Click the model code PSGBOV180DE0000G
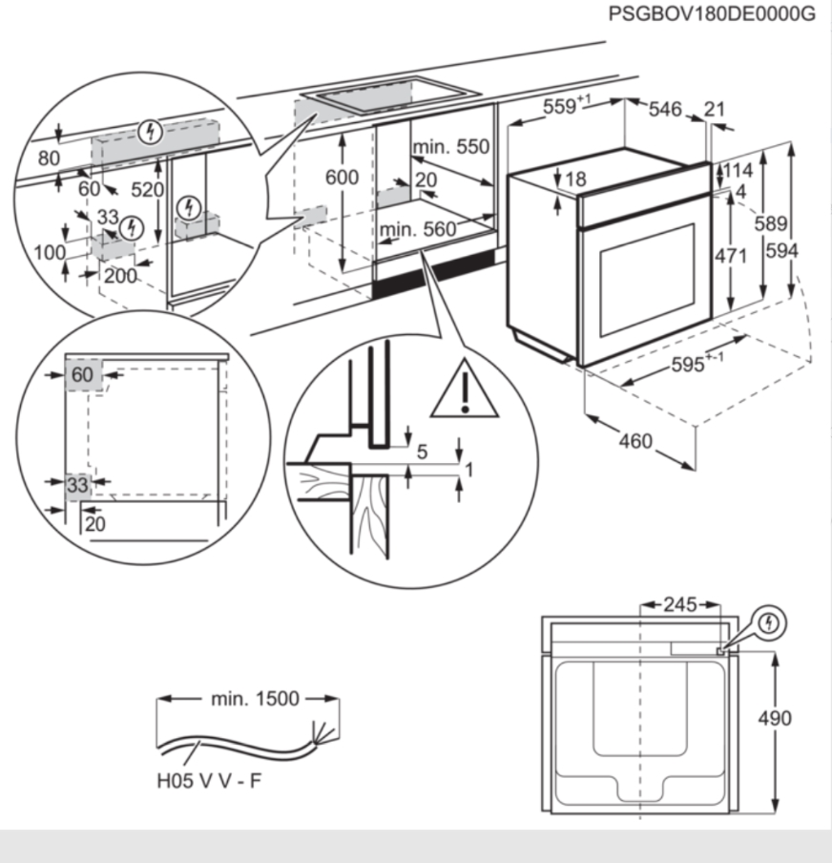pos(711,14)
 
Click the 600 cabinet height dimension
pos(342,178)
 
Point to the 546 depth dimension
pos(665,111)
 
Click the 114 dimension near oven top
pos(738,171)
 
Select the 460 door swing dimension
pos(635,440)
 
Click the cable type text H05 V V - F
pos(210,782)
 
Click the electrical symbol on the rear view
pos(770,623)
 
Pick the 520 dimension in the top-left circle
pos(147,190)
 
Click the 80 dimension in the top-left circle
pos(48,158)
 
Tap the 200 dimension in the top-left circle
pos(120,277)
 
